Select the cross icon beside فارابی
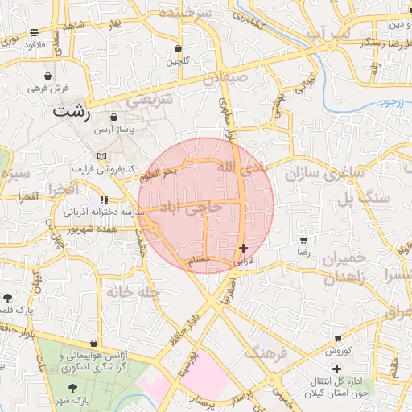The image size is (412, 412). (x=244, y=249)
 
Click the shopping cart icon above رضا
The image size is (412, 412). (x=303, y=241)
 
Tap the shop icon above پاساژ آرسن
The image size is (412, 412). (x=113, y=117)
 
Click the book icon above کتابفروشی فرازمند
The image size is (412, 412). (x=101, y=156)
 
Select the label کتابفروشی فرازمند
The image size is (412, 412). (x=100, y=169)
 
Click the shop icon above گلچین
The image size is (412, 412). (x=178, y=48)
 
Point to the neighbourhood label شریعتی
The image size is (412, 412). (x=151, y=102)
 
